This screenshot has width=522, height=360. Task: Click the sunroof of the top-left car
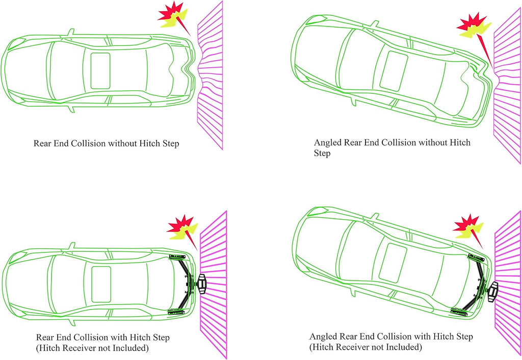click(100, 70)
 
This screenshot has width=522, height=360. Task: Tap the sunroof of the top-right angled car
click(394, 71)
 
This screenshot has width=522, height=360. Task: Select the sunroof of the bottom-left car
click(101, 284)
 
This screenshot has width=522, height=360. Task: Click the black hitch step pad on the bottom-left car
click(201, 284)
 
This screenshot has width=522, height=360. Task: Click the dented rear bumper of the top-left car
click(188, 69)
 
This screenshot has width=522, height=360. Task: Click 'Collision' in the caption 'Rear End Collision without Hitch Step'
click(88, 143)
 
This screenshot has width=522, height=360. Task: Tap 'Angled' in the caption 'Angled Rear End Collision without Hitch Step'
click(327, 143)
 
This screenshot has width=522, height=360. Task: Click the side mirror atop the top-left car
click(70, 32)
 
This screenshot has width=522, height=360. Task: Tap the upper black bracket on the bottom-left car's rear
click(177, 256)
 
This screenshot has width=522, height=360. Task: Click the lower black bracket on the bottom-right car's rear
click(459, 312)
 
